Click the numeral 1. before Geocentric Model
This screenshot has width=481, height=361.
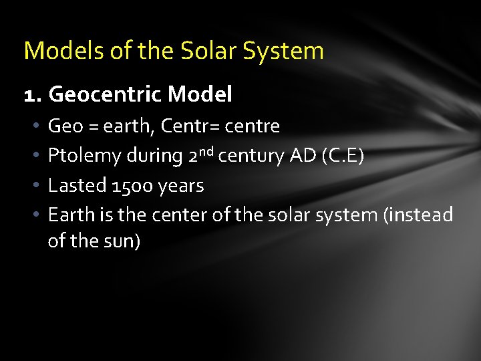(33, 95)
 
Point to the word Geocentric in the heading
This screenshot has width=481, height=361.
(106, 95)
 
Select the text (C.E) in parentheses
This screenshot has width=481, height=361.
(343, 156)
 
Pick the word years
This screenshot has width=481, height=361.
(181, 185)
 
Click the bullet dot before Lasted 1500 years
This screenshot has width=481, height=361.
(35, 185)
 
